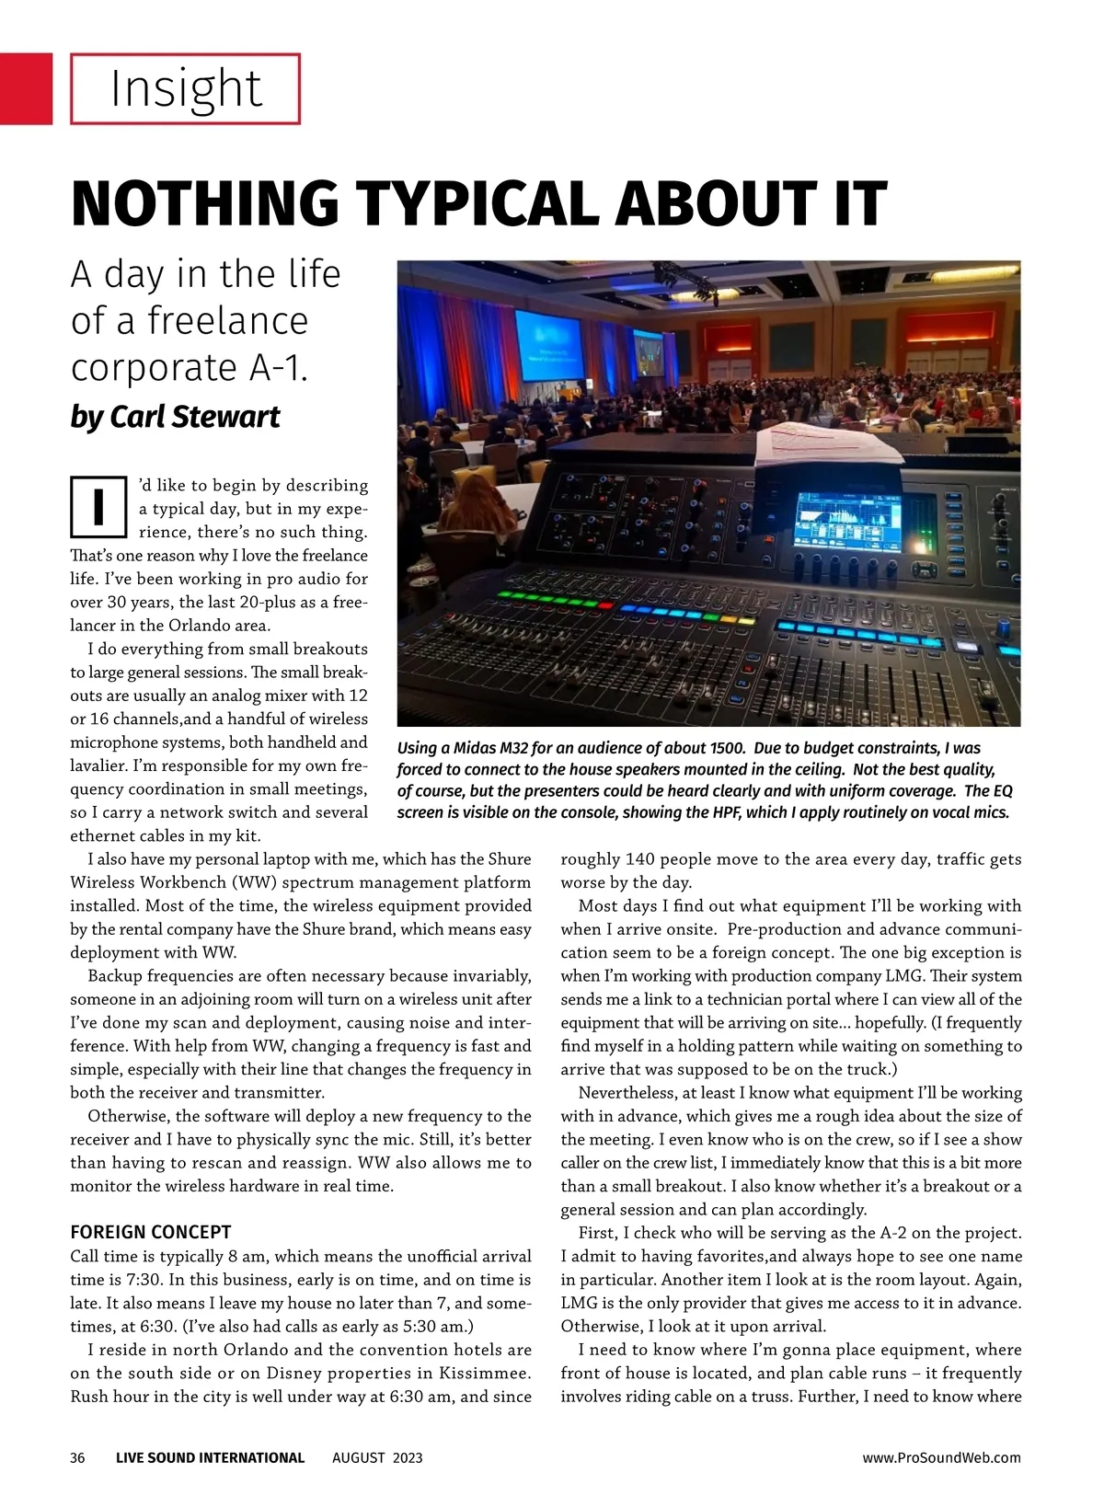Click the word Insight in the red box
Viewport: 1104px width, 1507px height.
point(186,88)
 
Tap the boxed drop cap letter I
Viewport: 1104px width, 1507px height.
point(98,506)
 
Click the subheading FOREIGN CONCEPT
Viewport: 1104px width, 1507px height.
point(151,1232)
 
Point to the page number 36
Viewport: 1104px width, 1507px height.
point(78,1457)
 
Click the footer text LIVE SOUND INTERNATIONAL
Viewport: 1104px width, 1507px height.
point(210,1457)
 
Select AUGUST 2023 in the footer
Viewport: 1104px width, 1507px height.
point(377,1457)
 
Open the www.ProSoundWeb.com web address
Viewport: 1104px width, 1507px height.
point(941,1457)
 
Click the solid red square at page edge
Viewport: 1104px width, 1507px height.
point(26,88)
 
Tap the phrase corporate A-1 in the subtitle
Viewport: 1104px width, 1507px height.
point(189,367)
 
